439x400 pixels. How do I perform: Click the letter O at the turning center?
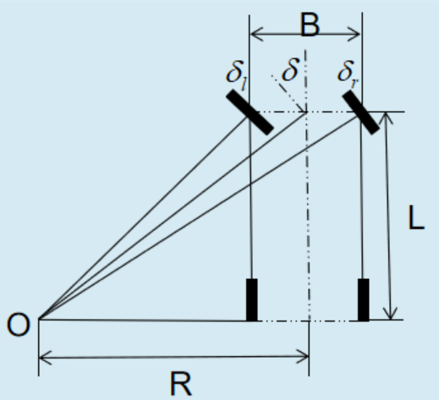[x=19, y=325]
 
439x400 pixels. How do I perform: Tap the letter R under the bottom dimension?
[x=181, y=384]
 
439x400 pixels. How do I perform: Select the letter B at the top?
[x=310, y=25]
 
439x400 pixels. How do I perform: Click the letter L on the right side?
[x=416, y=217]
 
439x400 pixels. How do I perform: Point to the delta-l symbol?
[x=237, y=75]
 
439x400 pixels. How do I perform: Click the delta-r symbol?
[x=348, y=73]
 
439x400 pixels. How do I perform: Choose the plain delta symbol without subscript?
[x=290, y=69]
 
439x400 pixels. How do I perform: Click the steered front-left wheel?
[x=250, y=112]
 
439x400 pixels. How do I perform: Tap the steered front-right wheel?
[x=361, y=112]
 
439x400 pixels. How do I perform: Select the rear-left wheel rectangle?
[x=252, y=300]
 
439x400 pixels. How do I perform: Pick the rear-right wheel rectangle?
[x=364, y=300]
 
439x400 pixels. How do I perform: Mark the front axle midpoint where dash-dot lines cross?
[x=306, y=112]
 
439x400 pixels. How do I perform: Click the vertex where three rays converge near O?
[x=39, y=320]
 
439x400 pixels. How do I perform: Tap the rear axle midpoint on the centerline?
[x=310, y=321]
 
